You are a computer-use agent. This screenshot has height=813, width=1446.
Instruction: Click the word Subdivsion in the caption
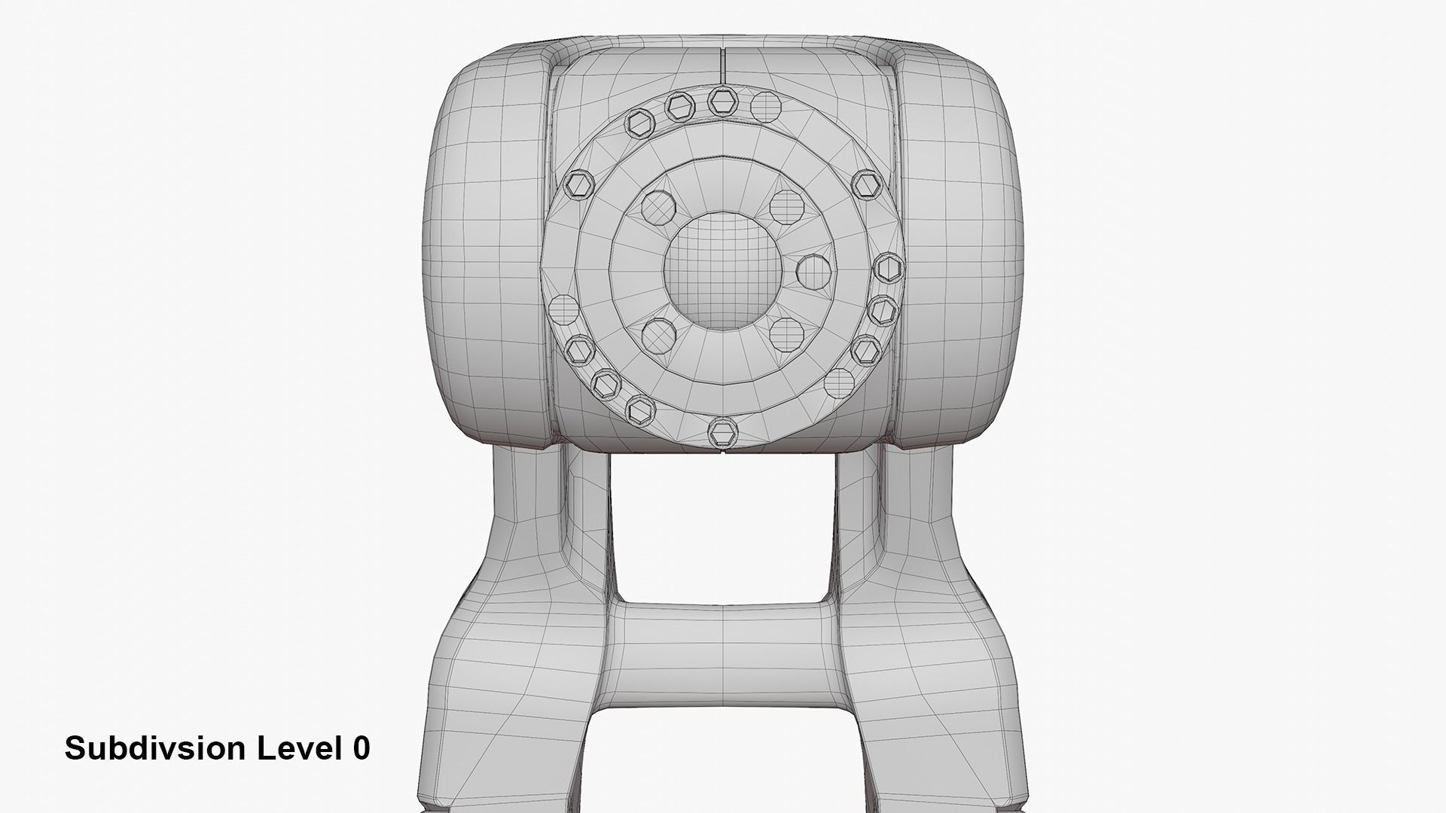point(155,748)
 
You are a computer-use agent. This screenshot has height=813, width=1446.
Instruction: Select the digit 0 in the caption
point(361,748)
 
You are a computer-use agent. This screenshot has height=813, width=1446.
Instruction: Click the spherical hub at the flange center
point(712,270)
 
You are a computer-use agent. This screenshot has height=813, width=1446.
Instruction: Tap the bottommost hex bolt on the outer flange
point(723,431)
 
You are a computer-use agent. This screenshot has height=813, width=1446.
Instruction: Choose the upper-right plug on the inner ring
point(786,204)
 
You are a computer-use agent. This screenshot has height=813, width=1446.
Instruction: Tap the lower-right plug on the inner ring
point(786,332)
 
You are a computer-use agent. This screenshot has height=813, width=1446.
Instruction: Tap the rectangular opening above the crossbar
point(723,527)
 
